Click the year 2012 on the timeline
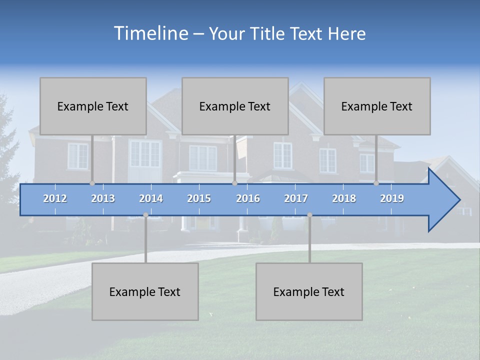pos(55,198)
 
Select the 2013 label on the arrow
pos(103,198)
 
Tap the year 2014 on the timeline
pos(151,198)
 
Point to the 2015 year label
pos(199,198)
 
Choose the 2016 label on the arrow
pos(248,198)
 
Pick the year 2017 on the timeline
pos(296,198)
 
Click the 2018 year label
pos(344,198)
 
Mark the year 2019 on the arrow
pos(392,198)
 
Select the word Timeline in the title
pos(150,33)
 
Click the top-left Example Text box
pos(93,106)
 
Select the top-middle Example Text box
pos(235,106)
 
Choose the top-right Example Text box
pos(377,106)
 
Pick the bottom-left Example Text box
pos(145,291)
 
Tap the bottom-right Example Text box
pos(309,291)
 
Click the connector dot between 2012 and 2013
pos(92,183)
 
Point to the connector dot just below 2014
pos(145,215)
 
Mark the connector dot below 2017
pos(309,215)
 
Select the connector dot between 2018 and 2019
pos(376,183)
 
